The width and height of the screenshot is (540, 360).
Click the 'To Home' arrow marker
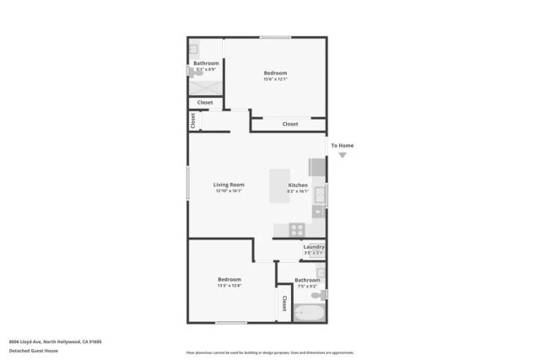click(342, 155)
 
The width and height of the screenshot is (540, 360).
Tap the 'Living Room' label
click(229, 185)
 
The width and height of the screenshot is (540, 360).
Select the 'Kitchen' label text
click(298, 185)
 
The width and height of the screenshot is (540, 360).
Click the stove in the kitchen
click(297, 228)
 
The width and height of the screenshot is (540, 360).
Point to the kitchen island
click(278, 186)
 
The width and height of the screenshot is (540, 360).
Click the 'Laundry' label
click(314, 247)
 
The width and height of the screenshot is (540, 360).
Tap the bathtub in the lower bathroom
click(307, 313)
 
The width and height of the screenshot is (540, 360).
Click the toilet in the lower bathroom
click(323, 294)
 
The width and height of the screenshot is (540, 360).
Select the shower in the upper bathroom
click(205, 85)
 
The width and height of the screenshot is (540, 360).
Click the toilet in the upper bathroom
click(194, 73)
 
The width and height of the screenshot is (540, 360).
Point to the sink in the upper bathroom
click(193, 49)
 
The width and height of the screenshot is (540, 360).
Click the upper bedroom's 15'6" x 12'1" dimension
click(275, 79)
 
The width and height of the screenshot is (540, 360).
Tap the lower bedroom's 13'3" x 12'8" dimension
click(229, 286)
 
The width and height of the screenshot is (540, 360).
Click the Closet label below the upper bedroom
click(289, 124)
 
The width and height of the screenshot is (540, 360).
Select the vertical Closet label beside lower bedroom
click(284, 304)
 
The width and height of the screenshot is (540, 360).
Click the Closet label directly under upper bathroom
click(205, 103)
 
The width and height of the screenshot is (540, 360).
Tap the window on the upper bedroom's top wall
click(275, 37)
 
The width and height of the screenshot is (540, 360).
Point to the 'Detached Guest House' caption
click(34, 351)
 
